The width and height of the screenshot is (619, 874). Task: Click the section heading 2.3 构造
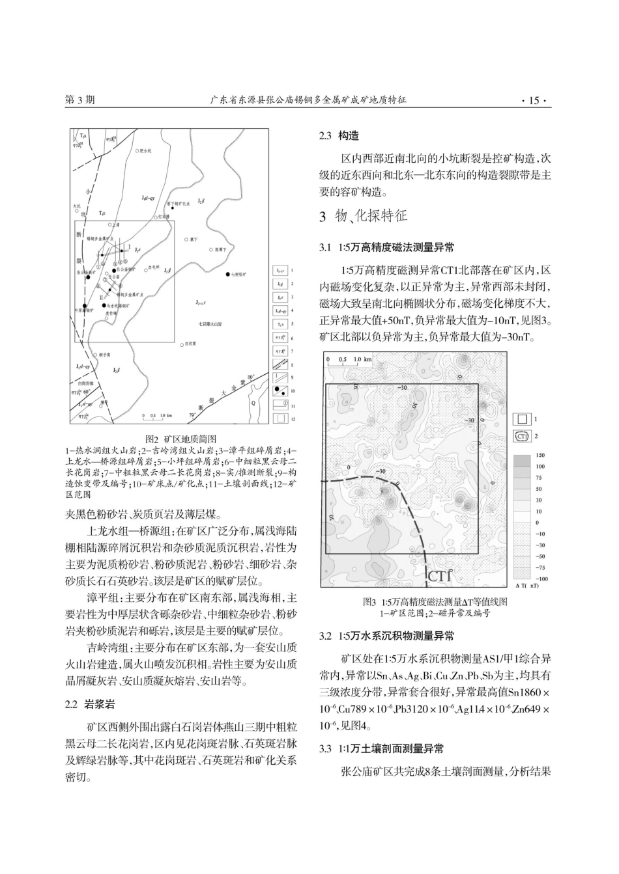tap(339, 136)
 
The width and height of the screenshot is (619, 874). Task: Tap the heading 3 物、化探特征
tap(362, 216)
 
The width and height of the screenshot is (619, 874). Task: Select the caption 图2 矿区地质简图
tap(180, 439)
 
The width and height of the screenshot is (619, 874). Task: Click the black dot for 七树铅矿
tap(227, 275)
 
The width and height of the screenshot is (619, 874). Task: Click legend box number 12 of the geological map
tap(280, 418)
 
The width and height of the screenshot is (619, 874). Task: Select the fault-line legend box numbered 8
tap(280, 365)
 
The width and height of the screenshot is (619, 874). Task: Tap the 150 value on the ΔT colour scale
tap(540, 456)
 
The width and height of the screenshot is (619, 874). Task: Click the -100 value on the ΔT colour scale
tap(540, 578)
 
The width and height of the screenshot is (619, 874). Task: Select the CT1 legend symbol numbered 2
tap(522, 436)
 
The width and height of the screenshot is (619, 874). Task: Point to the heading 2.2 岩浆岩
tap(81, 704)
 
